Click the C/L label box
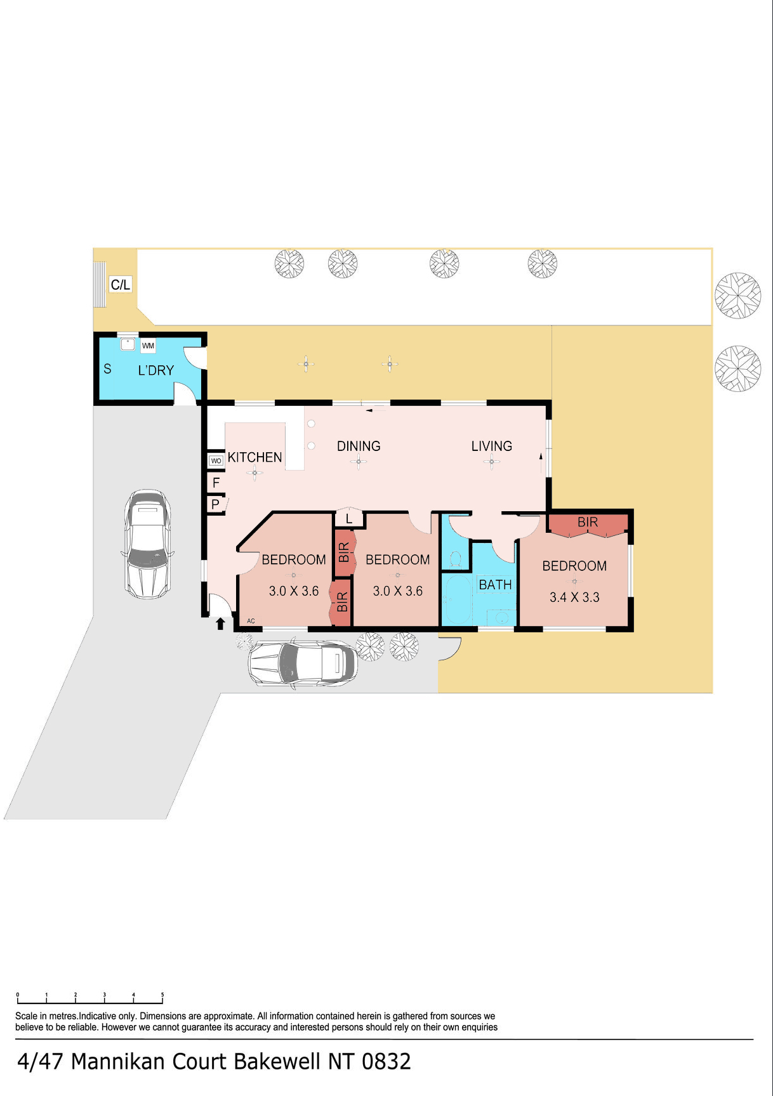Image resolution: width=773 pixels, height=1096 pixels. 121,285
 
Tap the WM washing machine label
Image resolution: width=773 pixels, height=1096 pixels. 148,346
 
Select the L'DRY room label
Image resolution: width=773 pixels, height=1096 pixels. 156,370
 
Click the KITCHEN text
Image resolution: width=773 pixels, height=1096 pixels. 254,457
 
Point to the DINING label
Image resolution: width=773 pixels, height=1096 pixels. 359,447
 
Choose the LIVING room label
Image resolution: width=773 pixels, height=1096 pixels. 492,447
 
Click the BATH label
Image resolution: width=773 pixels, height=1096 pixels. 495,585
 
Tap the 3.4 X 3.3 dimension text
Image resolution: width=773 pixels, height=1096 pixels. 574,597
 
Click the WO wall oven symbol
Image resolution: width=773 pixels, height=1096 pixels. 216,460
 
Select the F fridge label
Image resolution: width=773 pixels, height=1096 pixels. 216,483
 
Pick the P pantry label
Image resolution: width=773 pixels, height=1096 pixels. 216,504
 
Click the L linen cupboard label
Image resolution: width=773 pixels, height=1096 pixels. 349,519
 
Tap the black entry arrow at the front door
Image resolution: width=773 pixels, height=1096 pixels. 220,623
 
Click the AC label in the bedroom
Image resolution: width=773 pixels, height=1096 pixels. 251,621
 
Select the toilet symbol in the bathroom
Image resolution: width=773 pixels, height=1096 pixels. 455,559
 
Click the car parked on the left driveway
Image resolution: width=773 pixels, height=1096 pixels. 148,544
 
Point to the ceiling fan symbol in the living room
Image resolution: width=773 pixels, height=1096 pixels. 492,462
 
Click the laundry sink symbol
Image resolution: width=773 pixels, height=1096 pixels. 128,344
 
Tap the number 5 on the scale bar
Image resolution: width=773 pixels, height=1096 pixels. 162,995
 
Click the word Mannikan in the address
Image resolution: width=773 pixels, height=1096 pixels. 119,1061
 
